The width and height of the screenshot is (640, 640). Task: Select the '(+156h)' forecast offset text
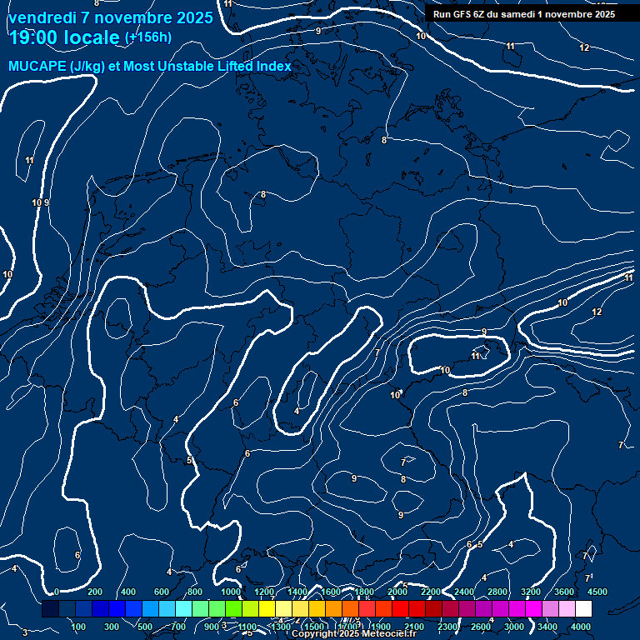[147, 37]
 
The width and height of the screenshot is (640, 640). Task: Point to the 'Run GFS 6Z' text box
[523, 14]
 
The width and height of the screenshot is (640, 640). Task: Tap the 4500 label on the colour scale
[597, 592]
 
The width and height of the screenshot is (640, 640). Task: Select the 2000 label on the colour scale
[397, 592]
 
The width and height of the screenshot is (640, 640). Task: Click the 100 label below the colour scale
[79, 627]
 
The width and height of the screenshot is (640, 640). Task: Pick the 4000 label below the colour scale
[581, 627]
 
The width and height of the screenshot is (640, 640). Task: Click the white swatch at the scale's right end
[607, 609]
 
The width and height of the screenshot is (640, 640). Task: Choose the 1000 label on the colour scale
[231, 592]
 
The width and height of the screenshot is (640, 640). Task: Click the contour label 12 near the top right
[584, 47]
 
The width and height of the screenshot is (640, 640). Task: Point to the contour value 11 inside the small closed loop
[476, 356]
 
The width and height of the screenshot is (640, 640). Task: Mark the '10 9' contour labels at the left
[41, 202]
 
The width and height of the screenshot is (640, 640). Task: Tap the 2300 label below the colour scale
[447, 627]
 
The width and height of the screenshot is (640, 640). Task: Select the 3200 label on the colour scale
[531, 592]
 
